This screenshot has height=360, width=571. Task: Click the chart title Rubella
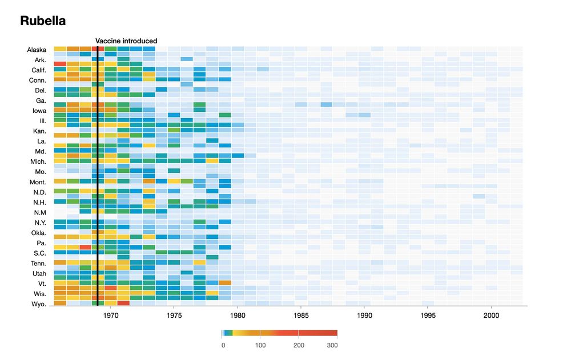(43, 21)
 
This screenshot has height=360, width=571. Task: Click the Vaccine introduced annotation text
(126, 41)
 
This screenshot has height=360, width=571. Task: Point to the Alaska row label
(37, 50)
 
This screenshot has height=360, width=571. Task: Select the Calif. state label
(38, 70)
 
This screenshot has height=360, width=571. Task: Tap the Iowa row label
(39, 111)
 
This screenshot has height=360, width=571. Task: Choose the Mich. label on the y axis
(38, 161)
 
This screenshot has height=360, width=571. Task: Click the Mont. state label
(37, 182)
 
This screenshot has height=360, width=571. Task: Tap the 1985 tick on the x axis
(301, 315)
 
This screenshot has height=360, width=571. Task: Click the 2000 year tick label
(492, 315)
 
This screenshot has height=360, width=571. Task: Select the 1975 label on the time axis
(174, 315)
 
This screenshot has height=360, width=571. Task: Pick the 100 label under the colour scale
(260, 345)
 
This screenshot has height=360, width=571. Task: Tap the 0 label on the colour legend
(223, 345)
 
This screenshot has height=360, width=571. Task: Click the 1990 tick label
(364, 315)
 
